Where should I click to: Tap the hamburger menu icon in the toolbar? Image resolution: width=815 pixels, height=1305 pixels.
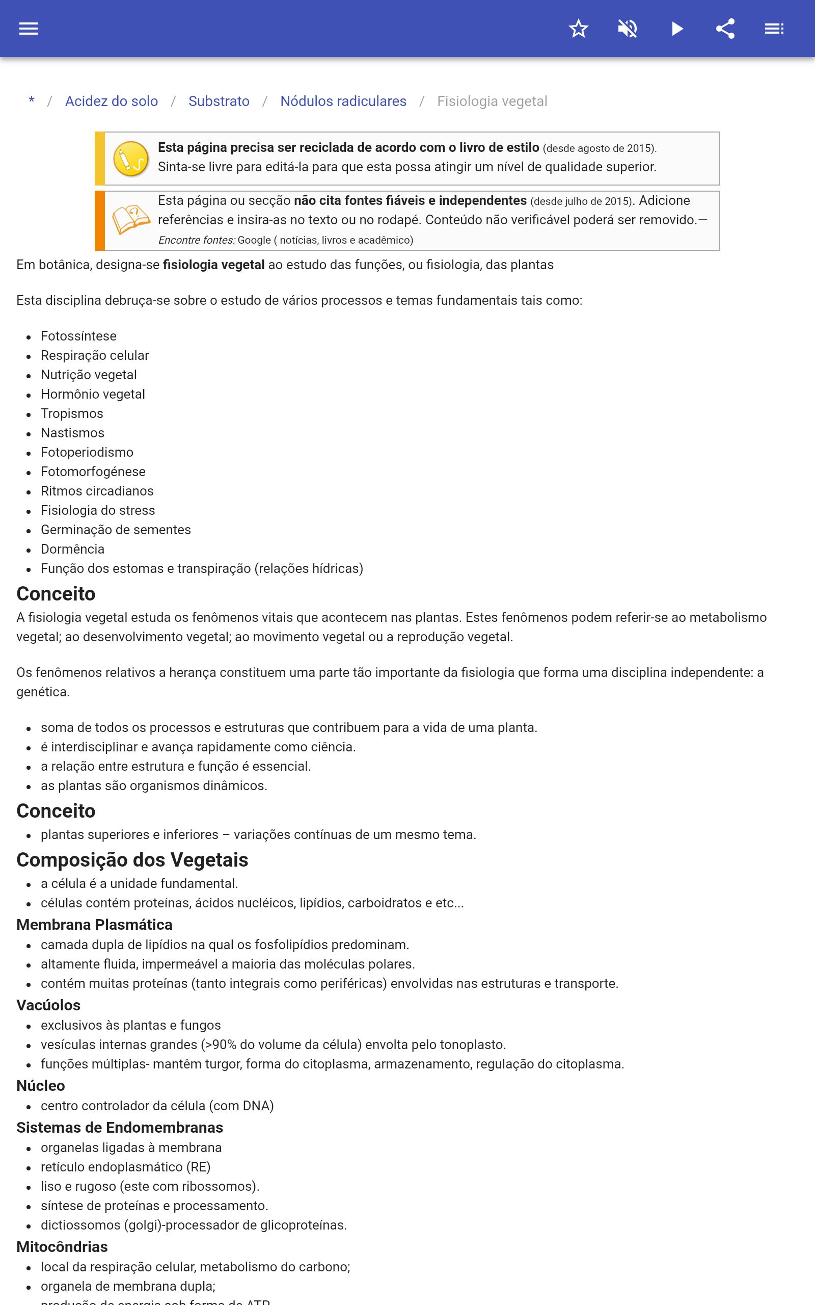point(29,29)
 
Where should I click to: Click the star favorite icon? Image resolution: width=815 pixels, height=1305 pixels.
point(578,29)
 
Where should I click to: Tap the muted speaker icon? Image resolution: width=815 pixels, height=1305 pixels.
point(628,29)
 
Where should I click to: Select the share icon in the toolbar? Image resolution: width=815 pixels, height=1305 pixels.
point(725,29)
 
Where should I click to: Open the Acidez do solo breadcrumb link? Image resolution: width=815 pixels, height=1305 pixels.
point(112,101)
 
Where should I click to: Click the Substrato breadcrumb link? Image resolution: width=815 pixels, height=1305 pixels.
point(219,101)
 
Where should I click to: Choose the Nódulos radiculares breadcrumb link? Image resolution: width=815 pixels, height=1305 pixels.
point(343,101)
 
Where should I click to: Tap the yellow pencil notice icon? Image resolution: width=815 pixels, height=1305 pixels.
point(131,159)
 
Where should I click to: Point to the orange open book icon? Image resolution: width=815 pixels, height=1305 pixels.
point(131,220)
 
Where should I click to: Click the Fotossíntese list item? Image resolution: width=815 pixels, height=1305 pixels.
point(78,336)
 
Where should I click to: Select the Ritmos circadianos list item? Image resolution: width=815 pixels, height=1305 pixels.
point(97,491)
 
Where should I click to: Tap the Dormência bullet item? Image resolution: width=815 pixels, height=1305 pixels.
point(73,549)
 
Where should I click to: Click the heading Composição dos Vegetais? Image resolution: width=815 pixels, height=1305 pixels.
point(132,859)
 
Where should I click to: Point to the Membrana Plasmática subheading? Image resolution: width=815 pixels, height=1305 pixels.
point(94,924)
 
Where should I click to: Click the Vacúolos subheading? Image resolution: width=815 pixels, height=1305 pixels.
point(48,1005)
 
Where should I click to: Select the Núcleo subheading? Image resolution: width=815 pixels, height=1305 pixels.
point(41,1085)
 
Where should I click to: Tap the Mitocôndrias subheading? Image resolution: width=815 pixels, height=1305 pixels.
point(62,1247)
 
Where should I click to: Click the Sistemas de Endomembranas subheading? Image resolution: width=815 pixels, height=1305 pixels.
point(120,1128)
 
